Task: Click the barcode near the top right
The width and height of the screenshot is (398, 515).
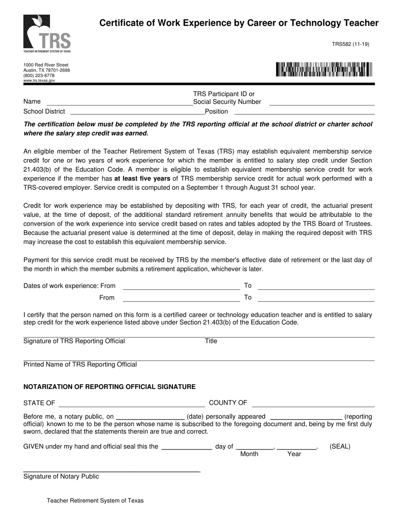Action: pos(324,70)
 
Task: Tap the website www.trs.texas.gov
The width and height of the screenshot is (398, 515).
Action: pos(39,80)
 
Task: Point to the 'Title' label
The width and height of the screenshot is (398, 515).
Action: pos(211,341)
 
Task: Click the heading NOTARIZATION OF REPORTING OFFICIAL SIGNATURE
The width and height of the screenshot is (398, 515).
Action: pos(109,387)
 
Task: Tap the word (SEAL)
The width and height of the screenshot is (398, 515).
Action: pos(340,446)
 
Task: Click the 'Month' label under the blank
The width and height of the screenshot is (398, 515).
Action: pos(249,454)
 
